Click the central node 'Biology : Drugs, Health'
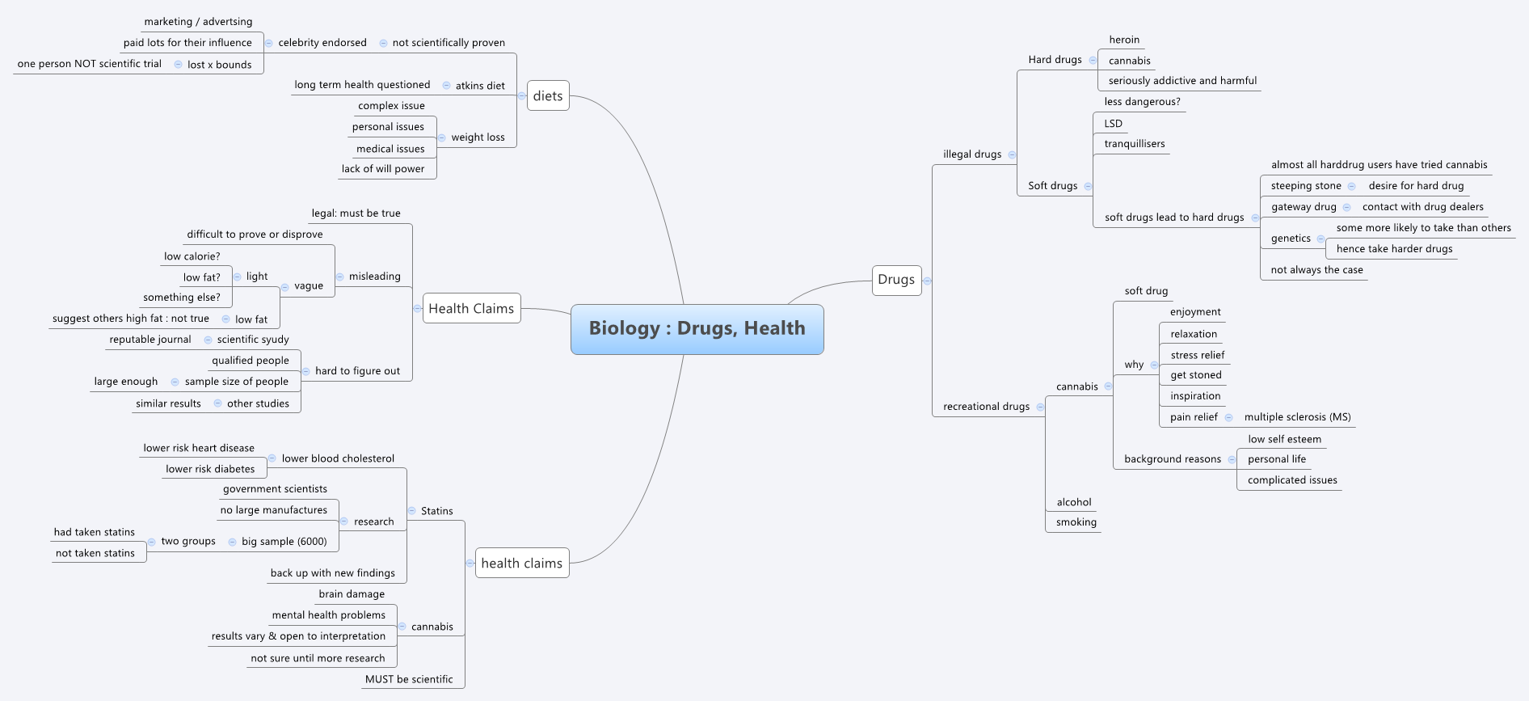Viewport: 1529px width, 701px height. click(697, 329)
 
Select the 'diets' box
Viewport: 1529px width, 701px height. click(548, 96)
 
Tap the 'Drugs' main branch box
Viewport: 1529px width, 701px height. click(896, 280)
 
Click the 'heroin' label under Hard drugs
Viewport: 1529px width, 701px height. click(1124, 40)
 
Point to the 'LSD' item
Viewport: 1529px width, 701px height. click(1113, 124)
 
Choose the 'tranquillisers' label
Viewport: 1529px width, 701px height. click(1135, 144)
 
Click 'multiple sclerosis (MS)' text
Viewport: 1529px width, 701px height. click(1297, 417)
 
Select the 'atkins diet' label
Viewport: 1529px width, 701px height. click(480, 86)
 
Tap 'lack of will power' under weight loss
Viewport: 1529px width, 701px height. click(383, 169)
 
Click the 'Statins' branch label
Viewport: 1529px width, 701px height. click(436, 511)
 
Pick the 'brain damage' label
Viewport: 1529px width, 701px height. click(352, 594)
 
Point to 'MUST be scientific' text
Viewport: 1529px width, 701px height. click(409, 679)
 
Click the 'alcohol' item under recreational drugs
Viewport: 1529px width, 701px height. click(1073, 502)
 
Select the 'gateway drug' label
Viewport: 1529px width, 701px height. click(1304, 207)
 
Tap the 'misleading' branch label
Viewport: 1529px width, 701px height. click(374, 277)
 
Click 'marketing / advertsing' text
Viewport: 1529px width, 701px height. click(198, 22)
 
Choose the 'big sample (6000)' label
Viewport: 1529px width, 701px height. click(284, 542)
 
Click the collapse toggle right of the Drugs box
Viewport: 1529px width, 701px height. click(928, 281)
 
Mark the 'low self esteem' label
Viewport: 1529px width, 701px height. click(1284, 439)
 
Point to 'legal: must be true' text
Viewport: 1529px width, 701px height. click(356, 213)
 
